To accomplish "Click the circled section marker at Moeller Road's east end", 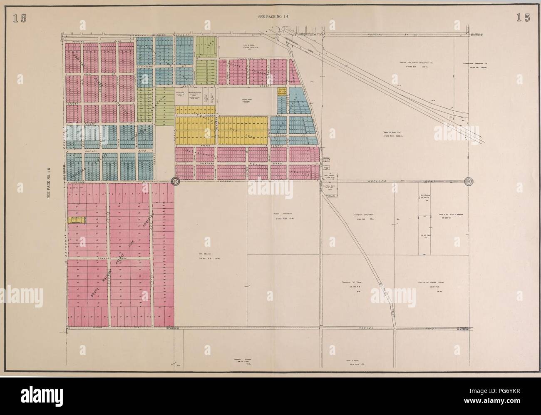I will (x=469, y=181).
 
